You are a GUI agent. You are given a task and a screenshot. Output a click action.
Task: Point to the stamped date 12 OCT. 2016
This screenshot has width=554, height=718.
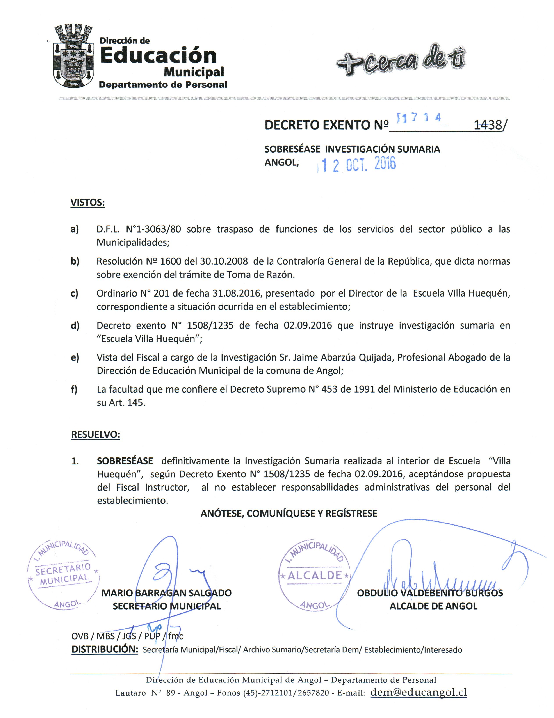[x=358, y=164]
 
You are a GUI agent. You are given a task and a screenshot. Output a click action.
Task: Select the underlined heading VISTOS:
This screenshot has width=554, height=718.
[x=87, y=203]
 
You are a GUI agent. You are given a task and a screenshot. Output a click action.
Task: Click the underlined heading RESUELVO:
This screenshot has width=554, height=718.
[x=95, y=435]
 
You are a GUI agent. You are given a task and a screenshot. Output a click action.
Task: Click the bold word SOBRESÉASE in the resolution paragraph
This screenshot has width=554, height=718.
[x=125, y=461]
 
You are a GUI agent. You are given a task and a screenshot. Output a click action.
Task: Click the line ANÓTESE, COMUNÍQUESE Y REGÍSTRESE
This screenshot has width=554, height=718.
[x=289, y=514]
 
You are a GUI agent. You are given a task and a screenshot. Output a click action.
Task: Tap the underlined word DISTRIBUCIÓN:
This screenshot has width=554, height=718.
[x=105, y=649]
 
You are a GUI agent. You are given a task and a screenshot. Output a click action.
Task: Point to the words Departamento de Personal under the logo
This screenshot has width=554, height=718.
[x=163, y=85]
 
